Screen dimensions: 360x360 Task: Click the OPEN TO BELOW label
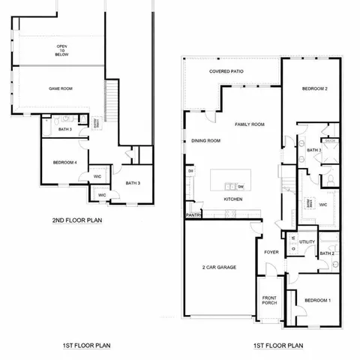[62, 50]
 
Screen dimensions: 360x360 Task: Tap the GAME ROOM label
[61, 88]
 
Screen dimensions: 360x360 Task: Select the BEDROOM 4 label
[64, 163]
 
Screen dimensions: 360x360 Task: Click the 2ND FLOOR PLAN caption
[77, 220]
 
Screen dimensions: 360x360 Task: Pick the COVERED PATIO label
[231, 72]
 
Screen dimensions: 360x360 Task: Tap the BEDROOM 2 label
[316, 88]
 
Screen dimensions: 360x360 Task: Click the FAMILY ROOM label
[249, 124]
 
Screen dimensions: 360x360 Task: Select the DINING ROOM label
[205, 140]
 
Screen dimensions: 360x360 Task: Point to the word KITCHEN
[234, 199]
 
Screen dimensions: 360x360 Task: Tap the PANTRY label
[193, 215]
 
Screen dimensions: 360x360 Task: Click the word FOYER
[271, 252]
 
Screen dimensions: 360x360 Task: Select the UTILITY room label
[307, 242]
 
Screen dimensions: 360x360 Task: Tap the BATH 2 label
[326, 254]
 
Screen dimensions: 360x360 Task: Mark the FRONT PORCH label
[269, 301]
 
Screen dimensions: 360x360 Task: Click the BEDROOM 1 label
[317, 301]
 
